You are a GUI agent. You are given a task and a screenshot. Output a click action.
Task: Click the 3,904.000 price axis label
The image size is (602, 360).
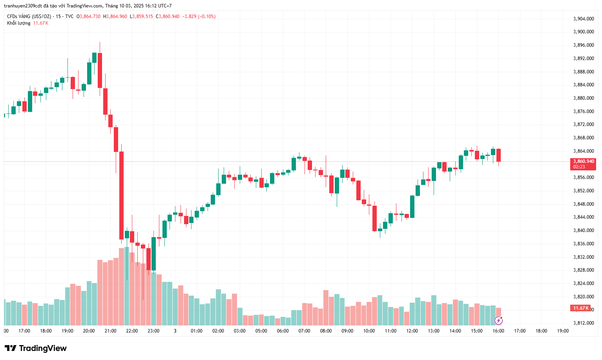tap(583, 19)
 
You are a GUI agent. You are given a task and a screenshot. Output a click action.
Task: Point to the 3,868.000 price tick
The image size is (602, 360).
tap(583, 138)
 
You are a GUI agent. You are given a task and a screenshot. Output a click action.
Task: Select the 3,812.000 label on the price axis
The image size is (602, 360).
tap(583, 323)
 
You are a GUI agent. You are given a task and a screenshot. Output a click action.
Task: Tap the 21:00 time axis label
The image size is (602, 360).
tap(110, 331)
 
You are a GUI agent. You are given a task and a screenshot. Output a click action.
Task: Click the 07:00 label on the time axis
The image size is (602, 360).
tap(304, 331)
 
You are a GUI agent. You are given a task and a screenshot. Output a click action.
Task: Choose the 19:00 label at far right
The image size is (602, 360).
tap(563, 331)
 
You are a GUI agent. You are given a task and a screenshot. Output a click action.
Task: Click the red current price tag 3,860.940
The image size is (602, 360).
tap(583, 161)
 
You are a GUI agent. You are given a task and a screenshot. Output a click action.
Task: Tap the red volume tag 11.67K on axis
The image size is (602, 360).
tap(581, 308)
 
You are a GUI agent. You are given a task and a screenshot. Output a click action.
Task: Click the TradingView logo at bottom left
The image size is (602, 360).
tap(36, 348)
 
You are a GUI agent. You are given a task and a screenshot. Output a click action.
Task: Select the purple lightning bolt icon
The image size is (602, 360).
tap(498, 321)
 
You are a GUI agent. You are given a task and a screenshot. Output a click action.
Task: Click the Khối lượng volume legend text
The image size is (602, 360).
tap(18, 23)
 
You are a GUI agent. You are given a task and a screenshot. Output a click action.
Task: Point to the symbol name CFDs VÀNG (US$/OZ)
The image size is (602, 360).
tap(29, 16)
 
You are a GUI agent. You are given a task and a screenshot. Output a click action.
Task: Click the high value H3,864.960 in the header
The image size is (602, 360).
tap(115, 16)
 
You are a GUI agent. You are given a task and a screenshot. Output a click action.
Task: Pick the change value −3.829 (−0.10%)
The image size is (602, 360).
tap(199, 16)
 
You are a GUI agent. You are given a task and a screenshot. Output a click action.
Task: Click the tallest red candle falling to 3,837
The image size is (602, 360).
tap(122, 195)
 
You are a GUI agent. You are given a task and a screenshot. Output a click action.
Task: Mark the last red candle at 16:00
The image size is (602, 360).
tap(498, 155)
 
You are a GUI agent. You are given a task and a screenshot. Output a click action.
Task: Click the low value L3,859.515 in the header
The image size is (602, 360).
tap(141, 16)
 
